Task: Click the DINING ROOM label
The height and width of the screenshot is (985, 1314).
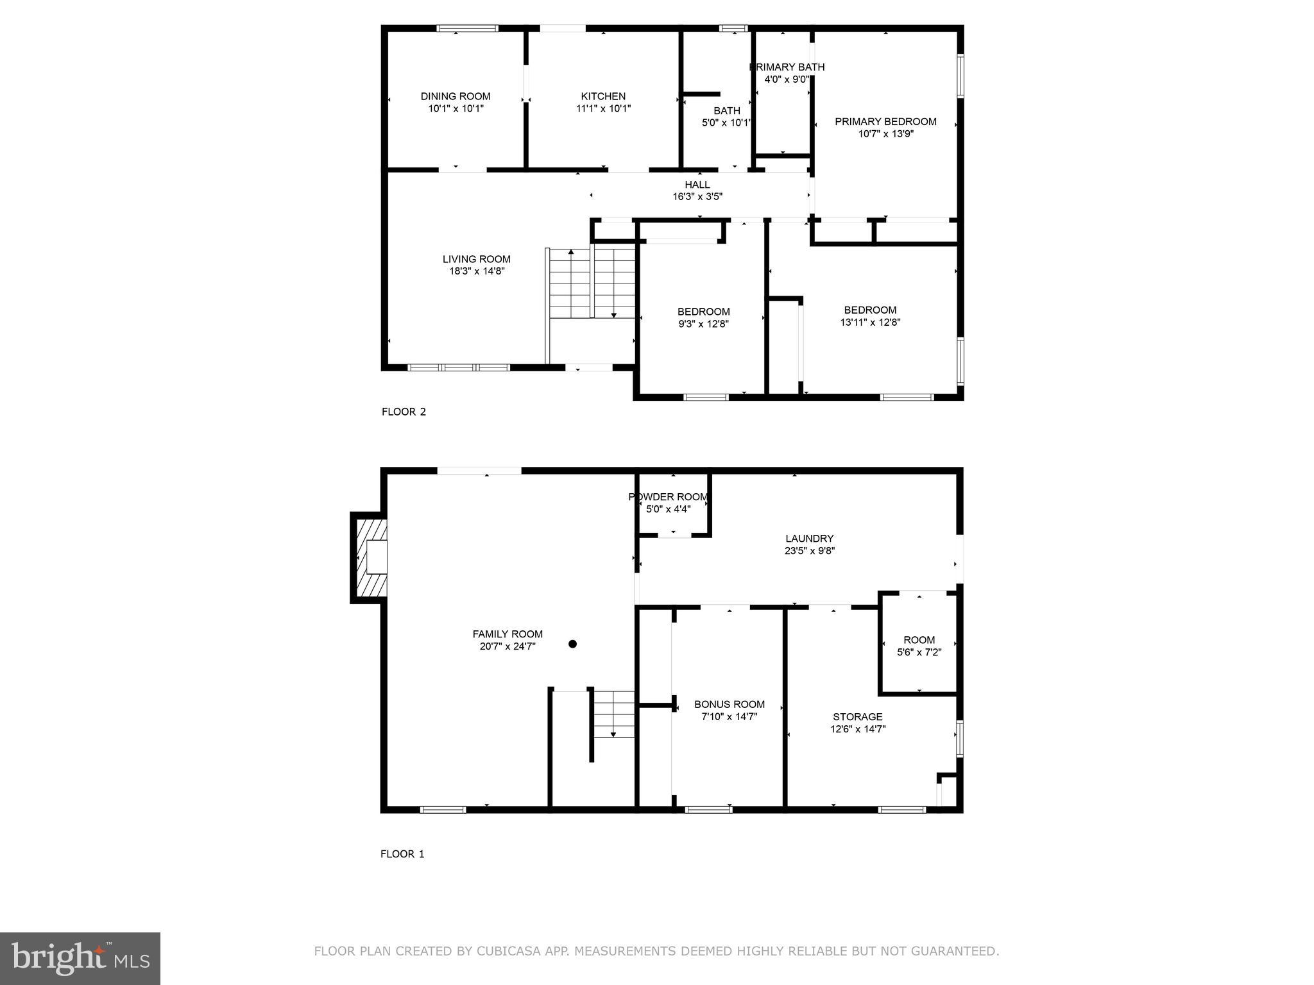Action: [456, 96]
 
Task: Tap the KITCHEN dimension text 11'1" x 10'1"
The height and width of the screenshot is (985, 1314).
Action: [603, 108]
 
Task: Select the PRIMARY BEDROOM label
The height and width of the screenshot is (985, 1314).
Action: [885, 121]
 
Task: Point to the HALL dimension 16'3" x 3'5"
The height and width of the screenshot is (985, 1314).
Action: [697, 197]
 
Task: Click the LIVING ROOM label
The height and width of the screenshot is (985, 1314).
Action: [476, 259]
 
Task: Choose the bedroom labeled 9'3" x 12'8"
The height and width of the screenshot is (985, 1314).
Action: [703, 317]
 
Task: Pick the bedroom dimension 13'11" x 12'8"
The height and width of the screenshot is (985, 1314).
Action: [870, 323]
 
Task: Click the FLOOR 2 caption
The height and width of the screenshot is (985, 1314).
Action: [404, 412]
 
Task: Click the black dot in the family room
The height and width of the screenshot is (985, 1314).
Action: [572, 644]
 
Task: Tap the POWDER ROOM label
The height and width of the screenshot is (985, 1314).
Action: [668, 497]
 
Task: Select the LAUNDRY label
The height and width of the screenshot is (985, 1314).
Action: [809, 539]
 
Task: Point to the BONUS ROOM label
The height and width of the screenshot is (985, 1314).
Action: [729, 704]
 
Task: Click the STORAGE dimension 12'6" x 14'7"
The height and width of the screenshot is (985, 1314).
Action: [858, 729]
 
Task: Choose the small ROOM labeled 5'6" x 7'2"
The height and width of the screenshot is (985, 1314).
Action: [919, 646]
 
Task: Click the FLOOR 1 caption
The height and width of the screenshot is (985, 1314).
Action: [402, 854]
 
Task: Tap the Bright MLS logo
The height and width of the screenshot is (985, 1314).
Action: [80, 958]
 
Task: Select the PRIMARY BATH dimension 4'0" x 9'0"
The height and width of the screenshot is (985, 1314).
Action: [787, 80]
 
